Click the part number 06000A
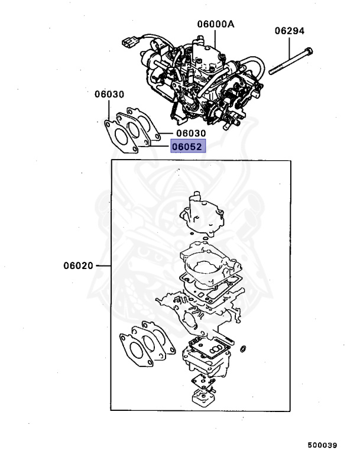(215, 24)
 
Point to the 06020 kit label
(78, 265)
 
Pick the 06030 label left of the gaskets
(109, 95)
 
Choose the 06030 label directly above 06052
(190, 134)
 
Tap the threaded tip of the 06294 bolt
(273, 72)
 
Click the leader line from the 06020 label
(103, 265)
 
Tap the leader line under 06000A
(215, 37)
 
